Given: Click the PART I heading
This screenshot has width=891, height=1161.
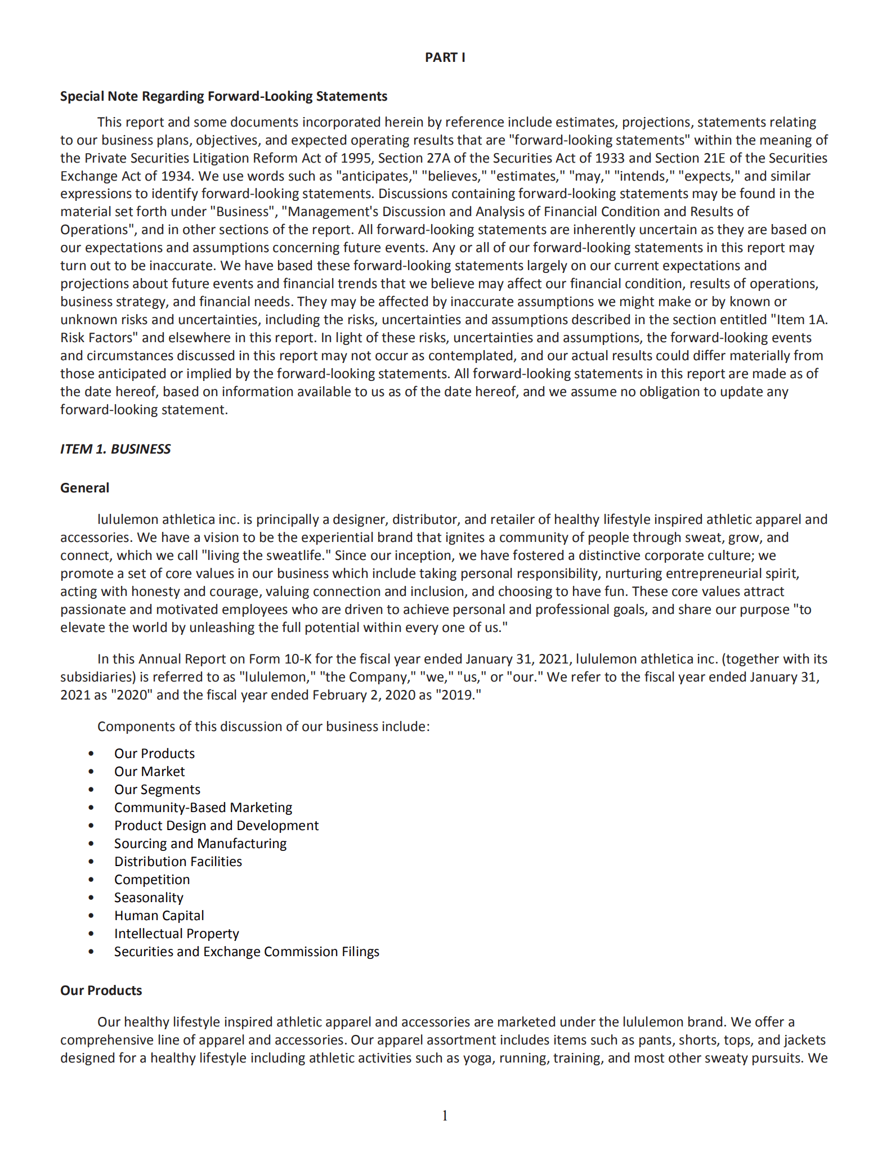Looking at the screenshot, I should [x=445, y=57].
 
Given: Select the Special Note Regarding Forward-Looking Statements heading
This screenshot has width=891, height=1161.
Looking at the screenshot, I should [x=223, y=96].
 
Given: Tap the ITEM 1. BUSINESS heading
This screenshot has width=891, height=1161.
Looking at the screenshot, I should [x=115, y=449].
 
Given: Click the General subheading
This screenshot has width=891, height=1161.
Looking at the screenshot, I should [x=84, y=488].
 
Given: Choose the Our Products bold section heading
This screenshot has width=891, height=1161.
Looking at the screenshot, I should [x=101, y=990].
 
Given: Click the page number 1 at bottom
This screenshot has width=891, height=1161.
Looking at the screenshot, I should [x=445, y=1115].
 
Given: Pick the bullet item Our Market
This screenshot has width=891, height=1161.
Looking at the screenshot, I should [x=149, y=772].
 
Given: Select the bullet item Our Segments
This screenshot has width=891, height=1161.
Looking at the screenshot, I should [x=157, y=790].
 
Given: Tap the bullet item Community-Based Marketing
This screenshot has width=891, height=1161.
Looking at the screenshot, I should [x=203, y=808].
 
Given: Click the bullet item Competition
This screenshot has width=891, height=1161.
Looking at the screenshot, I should [x=152, y=880].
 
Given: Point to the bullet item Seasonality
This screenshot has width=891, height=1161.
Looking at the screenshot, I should [x=149, y=898].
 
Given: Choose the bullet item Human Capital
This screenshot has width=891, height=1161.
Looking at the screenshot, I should [x=159, y=916].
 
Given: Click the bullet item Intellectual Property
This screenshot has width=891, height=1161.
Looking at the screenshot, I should [x=176, y=934].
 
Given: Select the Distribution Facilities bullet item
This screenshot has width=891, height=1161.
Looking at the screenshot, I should [x=178, y=862].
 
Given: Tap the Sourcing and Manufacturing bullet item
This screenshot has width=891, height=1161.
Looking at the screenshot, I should [x=200, y=844].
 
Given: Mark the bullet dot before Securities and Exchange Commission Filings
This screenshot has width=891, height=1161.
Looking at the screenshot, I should [x=91, y=952].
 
